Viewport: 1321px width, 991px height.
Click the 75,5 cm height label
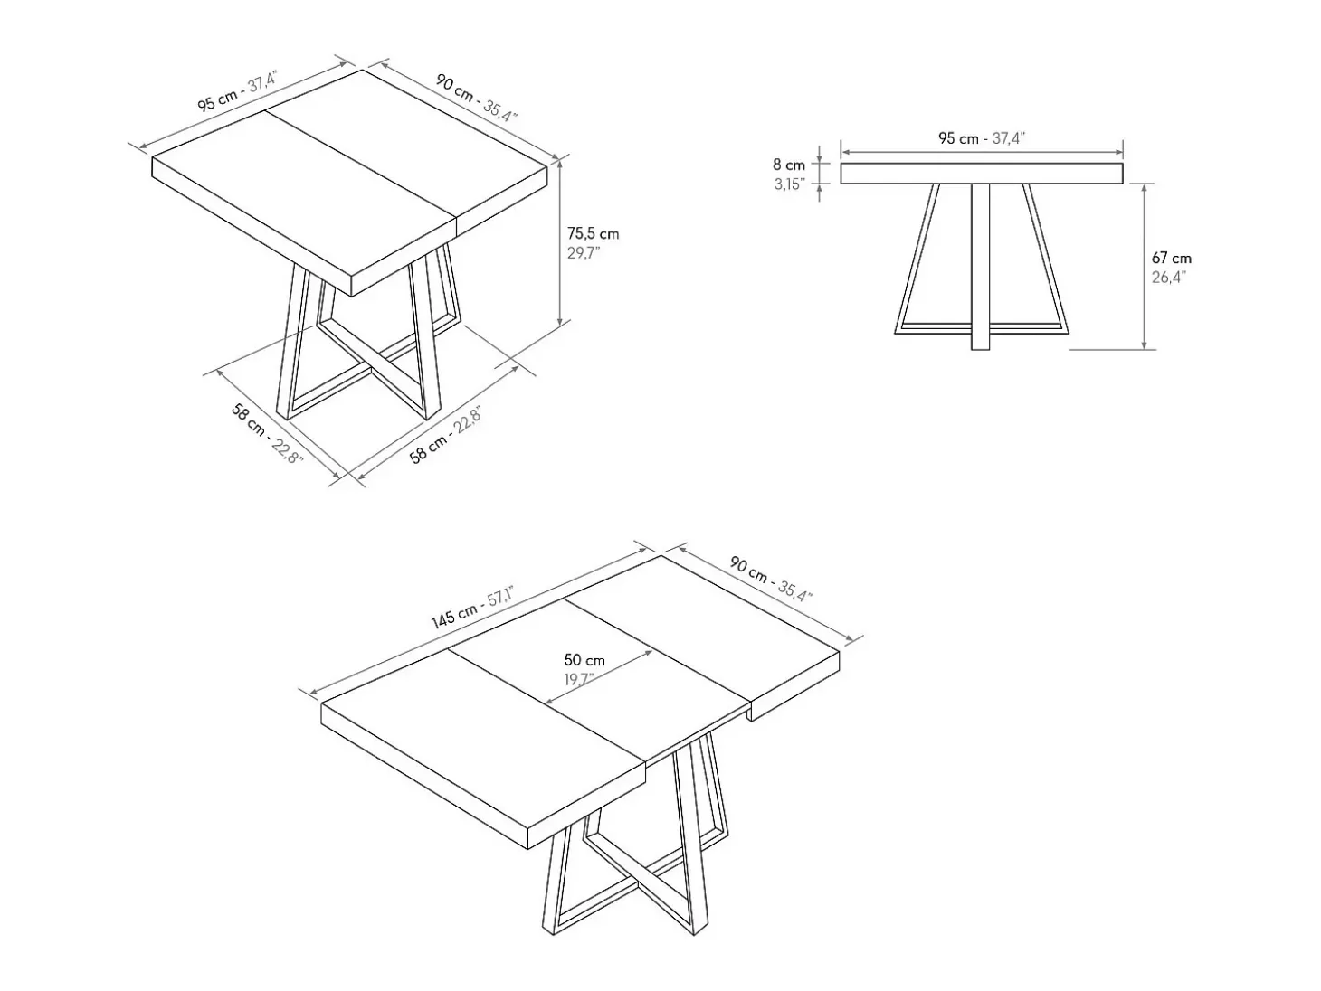(x=593, y=233)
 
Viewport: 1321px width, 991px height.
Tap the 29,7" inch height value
(x=584, y=253)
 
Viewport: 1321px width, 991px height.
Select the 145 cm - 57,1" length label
(x=472, y=608)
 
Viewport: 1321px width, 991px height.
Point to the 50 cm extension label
(x=584, y=660)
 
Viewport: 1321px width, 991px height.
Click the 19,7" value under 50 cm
(x=579, y=680)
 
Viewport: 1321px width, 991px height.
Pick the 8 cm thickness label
(x=789, y=165)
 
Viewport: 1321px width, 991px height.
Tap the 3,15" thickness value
(x=790, y=184)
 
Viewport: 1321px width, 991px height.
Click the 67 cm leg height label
(x=1171, y=258)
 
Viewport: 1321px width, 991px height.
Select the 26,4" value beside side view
(x=1168, y=278)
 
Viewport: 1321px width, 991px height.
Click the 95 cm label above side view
(x=982, y=138)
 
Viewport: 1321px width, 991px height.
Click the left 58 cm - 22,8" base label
(x=267, y=434)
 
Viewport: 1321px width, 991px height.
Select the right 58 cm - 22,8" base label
(x=445, y=435)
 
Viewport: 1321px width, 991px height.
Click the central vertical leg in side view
(x=981, y=267)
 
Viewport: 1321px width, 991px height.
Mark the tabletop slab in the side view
(x=982, y=174)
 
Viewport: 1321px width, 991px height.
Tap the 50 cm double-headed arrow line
(x=598, y=676)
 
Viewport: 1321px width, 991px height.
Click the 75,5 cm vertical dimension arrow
(x=560, y=241)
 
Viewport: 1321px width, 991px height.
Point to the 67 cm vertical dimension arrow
(x=1144, y=267)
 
